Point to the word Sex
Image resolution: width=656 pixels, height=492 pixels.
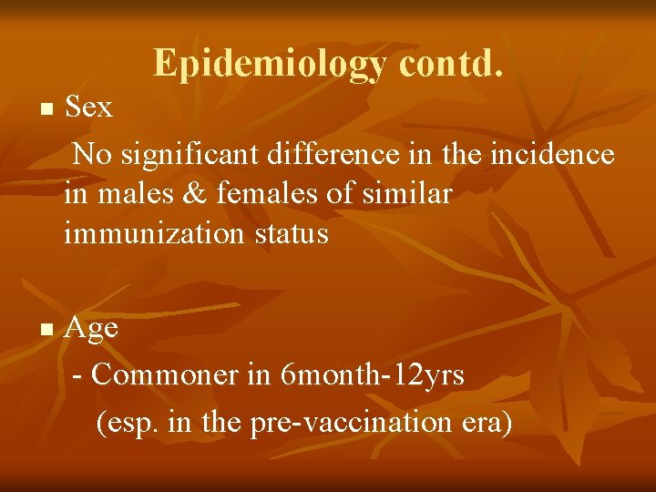pyautogui.click(x=89, y=108)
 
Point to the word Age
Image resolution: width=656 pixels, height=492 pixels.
pyautogui.click(x=91, y=329)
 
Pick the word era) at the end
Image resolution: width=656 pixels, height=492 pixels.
pyautogui.click(x=488, y=423)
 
